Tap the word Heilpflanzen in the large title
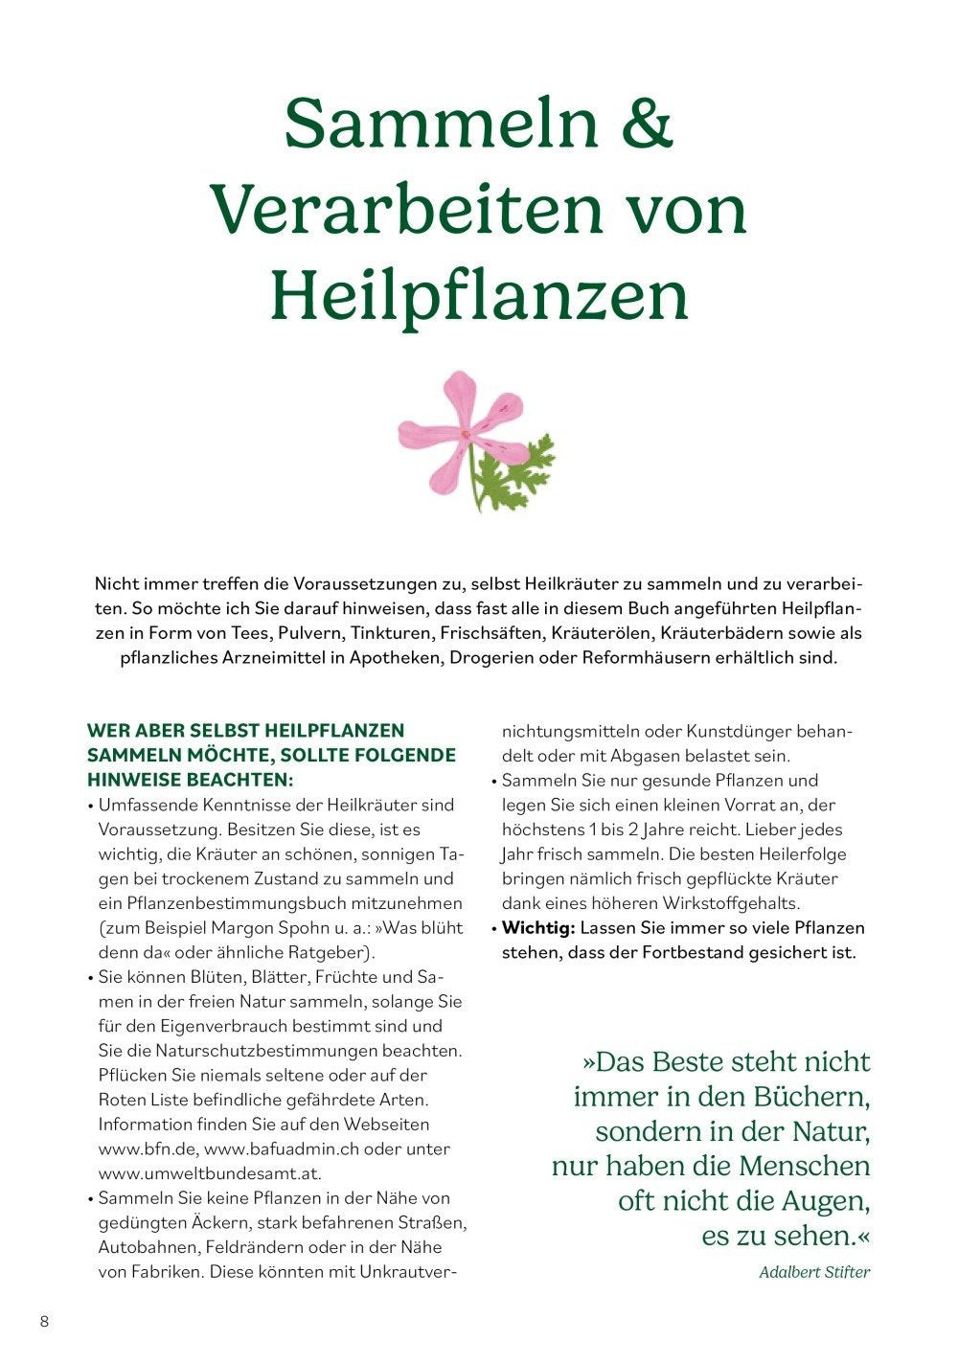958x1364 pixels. tap(479, 297)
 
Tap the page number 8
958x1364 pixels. tap(44, 1322)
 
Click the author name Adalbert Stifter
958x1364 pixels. tap(814, 1272)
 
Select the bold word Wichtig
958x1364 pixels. tap(537, 928)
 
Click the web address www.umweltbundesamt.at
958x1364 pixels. tap(210, 1173)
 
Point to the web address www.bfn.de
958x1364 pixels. tap(147, 1148)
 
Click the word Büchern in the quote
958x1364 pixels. tap(808, 1097)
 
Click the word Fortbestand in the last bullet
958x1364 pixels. tap(696, 953)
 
